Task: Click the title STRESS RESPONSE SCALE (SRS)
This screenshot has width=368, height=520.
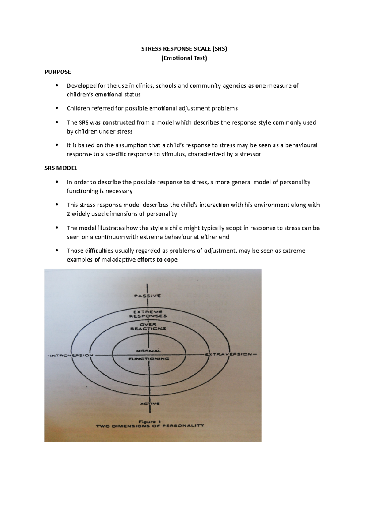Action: pos(184,49)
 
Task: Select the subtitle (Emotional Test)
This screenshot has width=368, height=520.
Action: pos(184,58)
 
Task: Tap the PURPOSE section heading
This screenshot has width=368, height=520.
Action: pos(58,72)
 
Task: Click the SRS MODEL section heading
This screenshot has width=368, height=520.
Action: pos(61,168)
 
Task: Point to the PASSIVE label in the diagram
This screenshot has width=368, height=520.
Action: pos(147,296)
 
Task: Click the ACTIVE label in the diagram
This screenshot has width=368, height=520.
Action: pos(150,404)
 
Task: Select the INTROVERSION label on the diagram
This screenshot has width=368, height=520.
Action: pos(71,356)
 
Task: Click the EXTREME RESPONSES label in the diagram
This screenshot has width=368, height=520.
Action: pos(148,314)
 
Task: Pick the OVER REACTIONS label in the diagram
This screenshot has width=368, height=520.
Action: pos(148,326)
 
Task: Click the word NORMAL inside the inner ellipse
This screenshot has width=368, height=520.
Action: pos(149,351)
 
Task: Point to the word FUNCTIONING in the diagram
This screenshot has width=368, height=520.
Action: pos(149,359)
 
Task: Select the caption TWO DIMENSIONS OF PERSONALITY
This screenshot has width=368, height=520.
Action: pos(150,426)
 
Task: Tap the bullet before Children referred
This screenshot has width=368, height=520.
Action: pos(56,108)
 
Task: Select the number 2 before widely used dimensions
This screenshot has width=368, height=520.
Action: pos(68,214)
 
